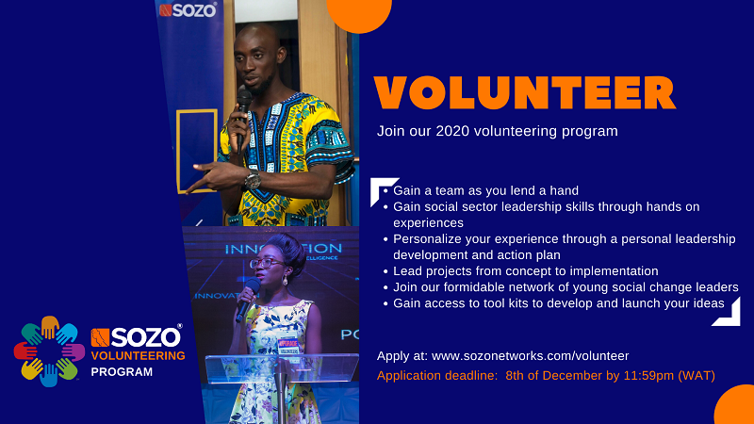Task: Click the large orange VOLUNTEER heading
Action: pos(525,92)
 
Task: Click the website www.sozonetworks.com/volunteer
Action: pos(530,356)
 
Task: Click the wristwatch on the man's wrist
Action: pos(253,179)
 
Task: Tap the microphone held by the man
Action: pos(243,120)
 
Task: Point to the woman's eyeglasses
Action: pos(266,263)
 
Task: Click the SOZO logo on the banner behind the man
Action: pos(188,10)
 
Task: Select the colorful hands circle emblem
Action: pos(49,351)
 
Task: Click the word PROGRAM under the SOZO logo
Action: pos(122,371)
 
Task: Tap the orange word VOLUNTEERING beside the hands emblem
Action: pos(138,356)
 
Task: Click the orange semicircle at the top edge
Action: pos(359,14)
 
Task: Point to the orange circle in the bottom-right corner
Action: pos(736,406)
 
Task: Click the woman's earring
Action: pos(285,280)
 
